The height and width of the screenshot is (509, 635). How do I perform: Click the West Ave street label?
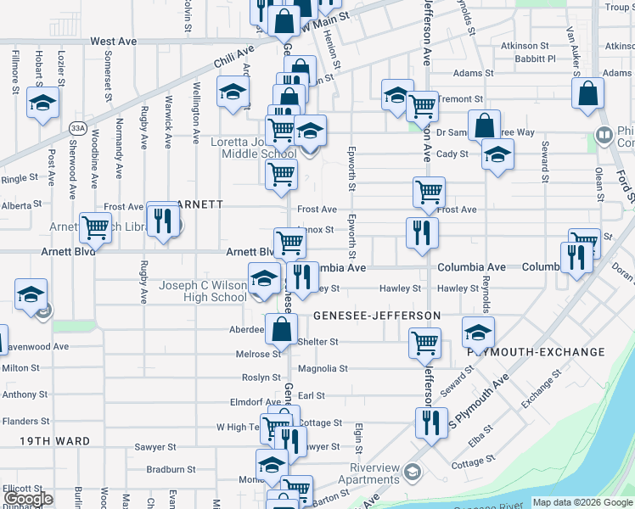click(113, 41)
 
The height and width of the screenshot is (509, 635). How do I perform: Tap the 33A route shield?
click(78, 128)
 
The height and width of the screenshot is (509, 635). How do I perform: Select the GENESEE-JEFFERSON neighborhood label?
click(377, 316)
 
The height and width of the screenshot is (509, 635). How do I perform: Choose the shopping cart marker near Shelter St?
click(424, 343)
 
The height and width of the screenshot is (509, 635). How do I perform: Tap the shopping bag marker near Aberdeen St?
click(281, 328)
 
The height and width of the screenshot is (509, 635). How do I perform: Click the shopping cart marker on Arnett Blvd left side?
click(95, 227)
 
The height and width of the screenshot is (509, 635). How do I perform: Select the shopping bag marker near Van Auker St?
click(587, 95)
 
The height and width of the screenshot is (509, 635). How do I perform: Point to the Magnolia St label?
click(323, 369)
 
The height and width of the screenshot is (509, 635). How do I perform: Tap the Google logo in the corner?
click(28, 499)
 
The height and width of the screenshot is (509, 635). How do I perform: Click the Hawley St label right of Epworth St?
click(400, 288)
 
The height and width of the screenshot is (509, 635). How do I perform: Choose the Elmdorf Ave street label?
click(255, 402)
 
